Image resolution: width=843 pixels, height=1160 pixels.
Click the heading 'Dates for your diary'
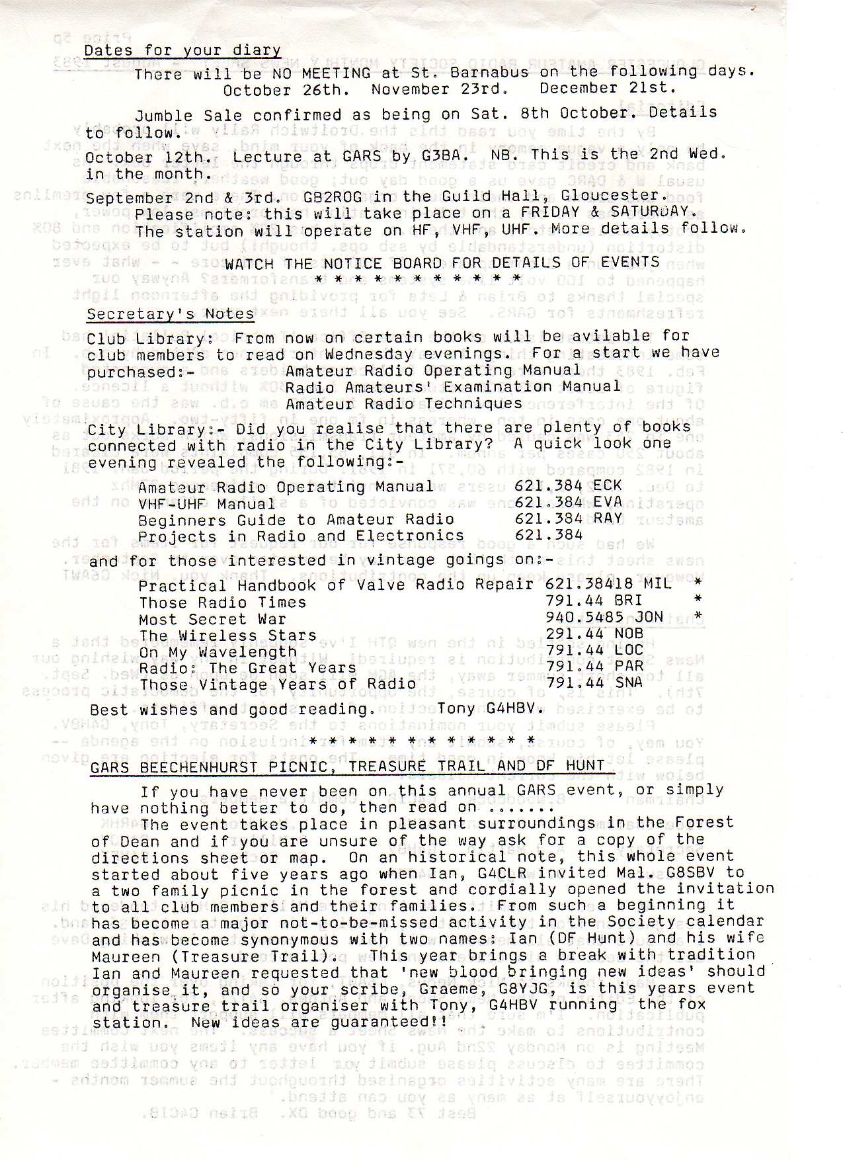point(182,50)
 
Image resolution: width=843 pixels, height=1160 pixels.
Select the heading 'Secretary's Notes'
point(171,313)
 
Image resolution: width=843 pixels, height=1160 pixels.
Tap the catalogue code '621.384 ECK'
point(568,485)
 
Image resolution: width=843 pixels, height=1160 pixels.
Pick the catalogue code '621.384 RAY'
point(568,518)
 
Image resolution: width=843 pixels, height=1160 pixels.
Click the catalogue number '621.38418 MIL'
point(608,583)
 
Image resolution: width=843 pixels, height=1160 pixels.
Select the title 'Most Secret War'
point(212,620)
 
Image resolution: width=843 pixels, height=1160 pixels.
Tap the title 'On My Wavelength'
point(218,651)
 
